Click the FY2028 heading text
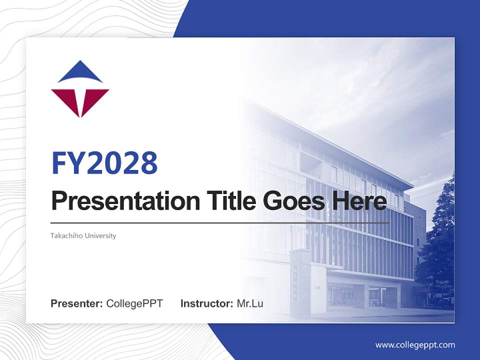[104, 163]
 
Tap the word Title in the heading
[222, 200]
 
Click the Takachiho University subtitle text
[83, 235]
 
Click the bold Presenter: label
[76, 303]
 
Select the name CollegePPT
[134, 303]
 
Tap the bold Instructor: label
[206, 303]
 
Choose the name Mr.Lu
[250, 303]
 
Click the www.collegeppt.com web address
[415, 345]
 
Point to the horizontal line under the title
[220, 222]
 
